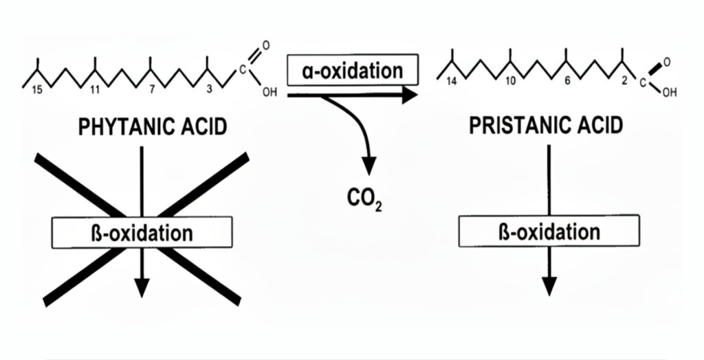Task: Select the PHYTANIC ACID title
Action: pyautogui.click(x=152, y=128)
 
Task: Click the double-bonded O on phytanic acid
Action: pyautogui.click(x=266, y=46)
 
